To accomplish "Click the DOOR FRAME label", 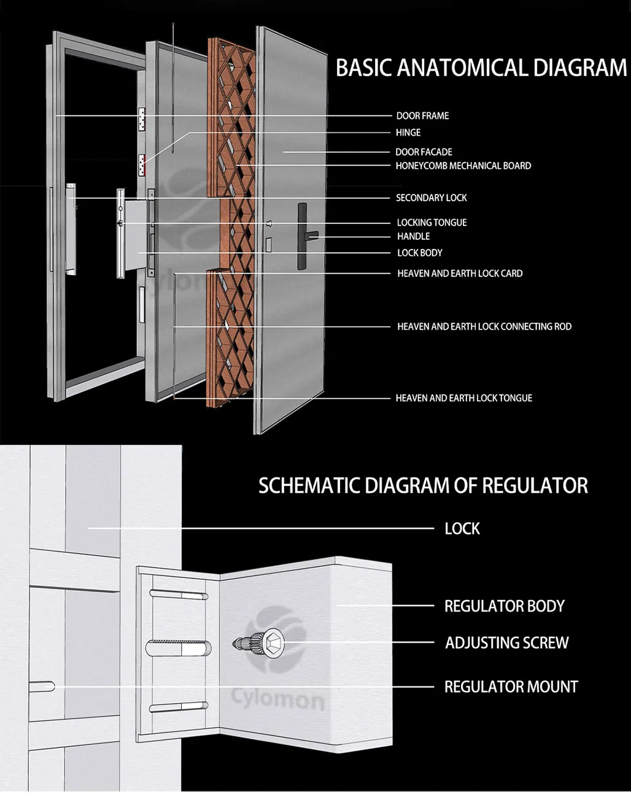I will pyautogui.click(x=422, y=116).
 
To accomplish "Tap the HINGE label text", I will pyautogui.click(x=408, y=133).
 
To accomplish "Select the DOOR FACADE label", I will pyautogui.click(x=424, y=152).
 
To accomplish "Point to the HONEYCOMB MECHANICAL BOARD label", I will pyautogui.click(x=463, y=166).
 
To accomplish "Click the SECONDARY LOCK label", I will pyautogui.click(x=431, y=198).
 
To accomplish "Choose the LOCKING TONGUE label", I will pyautogui.click(x=432, y=223).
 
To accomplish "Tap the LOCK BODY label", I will pyautogui.click(x=419, y=253).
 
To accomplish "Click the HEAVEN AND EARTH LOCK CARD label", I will pyautogui.click(x=460, y=274).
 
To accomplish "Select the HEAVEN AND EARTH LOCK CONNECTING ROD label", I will pyautogui.click(x=484, y=327).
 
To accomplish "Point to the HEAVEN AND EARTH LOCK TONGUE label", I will pyautogui.click(x=463, y=398).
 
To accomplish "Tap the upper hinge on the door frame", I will pyautogui.click(x=142, y=120).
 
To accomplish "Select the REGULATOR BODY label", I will pyautogui.click(x=504, y=606).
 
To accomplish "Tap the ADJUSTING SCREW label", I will pyautogui.click(x=506, y=643).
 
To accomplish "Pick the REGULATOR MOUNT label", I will pyautogui.click(x=511, y=687).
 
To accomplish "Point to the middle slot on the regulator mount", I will pyautogui.click(x=179, y=648).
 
